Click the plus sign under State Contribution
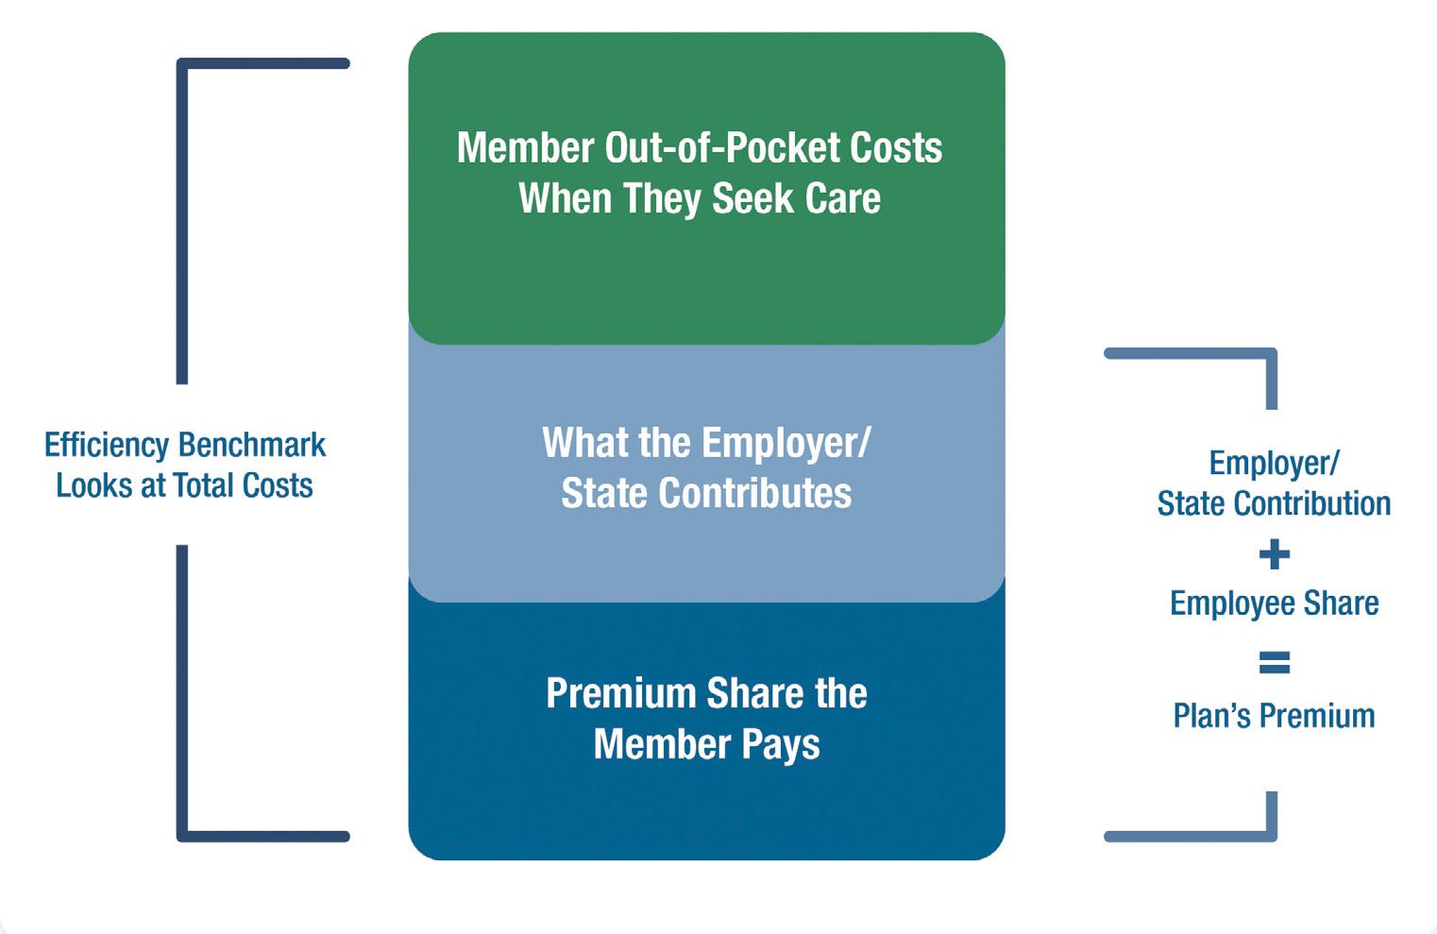[x=1274, y=554]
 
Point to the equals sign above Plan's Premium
[x=1274, y=663]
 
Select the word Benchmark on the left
[x=252, y=445]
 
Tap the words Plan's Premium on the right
[x=1274, y=716]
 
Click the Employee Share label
[x=1274, y=603]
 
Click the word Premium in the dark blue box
[x=620, y=694]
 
